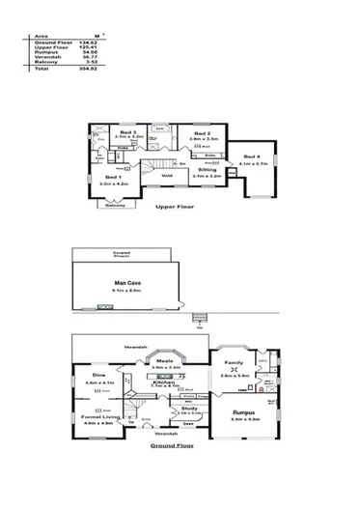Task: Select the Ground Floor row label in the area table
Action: coord(52,42)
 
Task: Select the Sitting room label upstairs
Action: coord(207,170)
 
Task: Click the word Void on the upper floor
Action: coord(167,176)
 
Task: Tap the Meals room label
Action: coord(166,362)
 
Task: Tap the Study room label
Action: coord(189,409)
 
